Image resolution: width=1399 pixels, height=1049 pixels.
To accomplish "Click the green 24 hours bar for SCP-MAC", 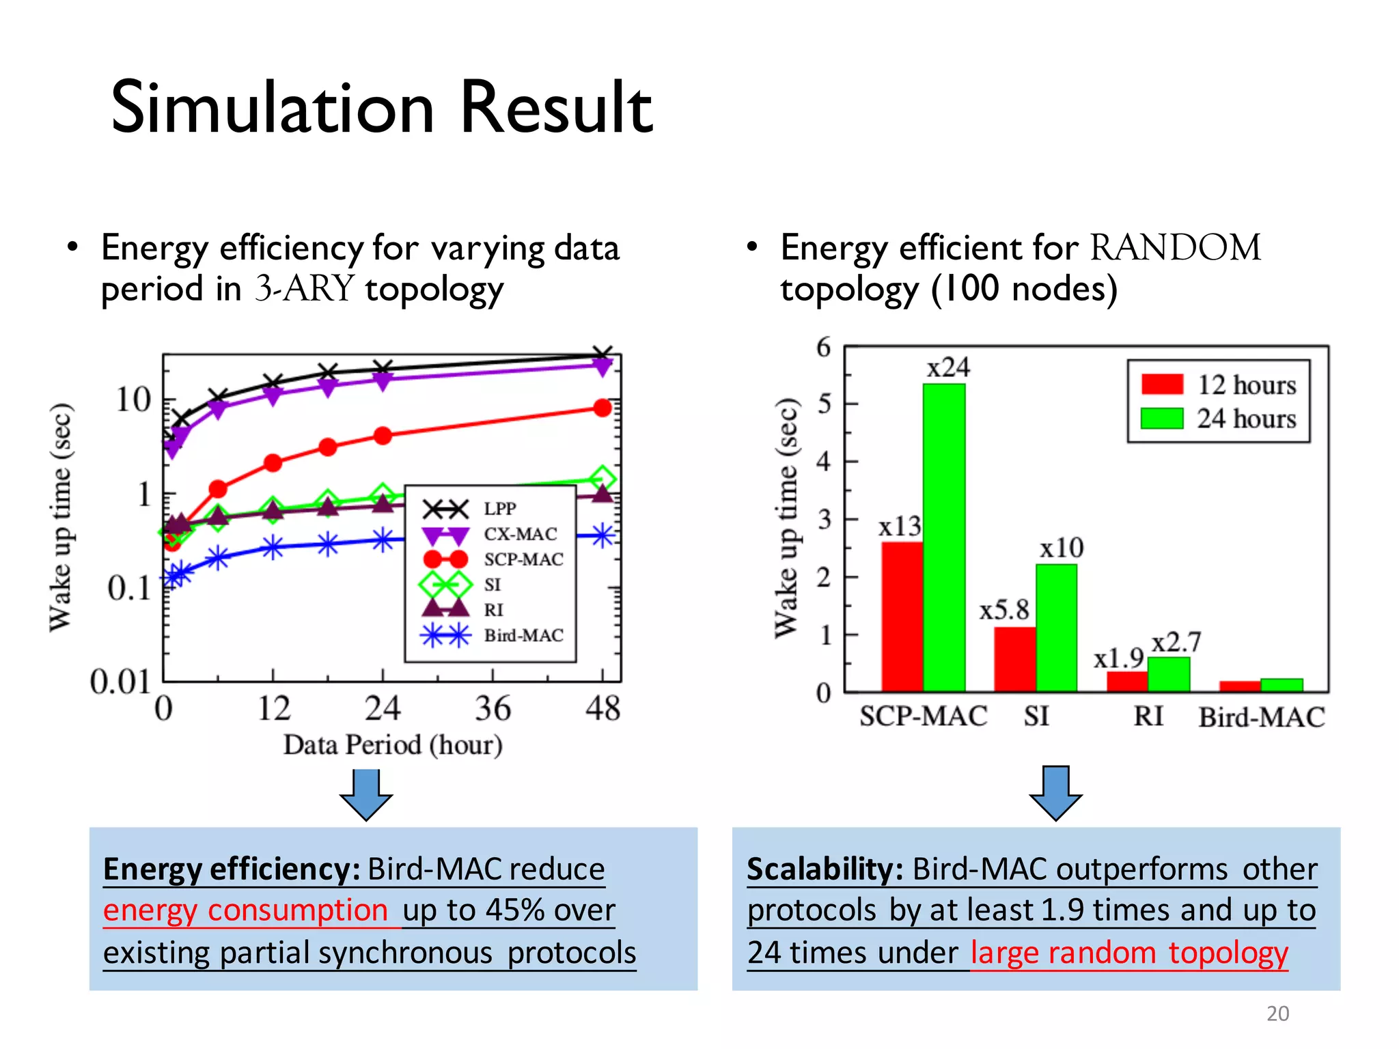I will (944, 540).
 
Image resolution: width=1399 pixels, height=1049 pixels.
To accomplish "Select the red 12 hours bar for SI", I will (1014, 659).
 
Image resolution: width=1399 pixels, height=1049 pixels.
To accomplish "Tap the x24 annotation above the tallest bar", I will (948, 368).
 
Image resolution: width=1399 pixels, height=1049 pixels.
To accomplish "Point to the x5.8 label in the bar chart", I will (1003, 610).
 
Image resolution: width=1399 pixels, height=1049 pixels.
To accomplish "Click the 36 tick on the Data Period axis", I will (493, 709).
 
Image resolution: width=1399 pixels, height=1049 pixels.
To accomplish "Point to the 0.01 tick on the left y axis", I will (120, 682).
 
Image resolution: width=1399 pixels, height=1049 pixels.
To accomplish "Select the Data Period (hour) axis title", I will (393, 745).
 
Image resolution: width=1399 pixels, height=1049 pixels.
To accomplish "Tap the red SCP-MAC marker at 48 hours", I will (602, 408).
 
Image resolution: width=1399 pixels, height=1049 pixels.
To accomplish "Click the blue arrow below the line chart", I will (367, 794).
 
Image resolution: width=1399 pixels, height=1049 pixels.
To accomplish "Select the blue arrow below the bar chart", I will (1055, 793).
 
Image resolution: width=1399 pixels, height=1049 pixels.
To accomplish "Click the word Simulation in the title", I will (273, 108).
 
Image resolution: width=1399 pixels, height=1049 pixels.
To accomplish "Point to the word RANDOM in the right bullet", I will (1175, 247).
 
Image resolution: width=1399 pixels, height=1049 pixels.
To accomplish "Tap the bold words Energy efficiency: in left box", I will (232, 869).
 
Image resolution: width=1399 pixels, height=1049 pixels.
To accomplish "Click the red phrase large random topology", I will (1129, 953).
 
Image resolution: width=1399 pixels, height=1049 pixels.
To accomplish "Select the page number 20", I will (1277, 1013).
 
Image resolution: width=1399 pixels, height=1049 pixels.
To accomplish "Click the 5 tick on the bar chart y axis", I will (825, 404).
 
